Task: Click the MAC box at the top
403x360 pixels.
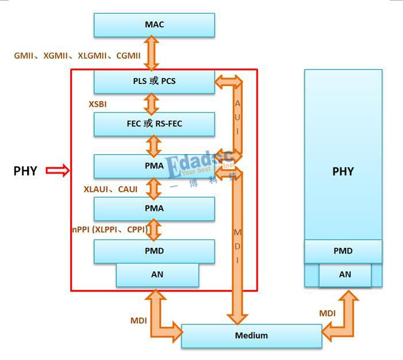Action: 154,25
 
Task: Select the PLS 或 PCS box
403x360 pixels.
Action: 154,81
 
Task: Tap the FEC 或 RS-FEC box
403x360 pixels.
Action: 154,124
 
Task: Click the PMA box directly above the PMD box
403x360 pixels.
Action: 154,209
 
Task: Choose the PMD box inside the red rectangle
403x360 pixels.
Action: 154,251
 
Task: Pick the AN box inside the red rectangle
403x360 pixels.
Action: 157,275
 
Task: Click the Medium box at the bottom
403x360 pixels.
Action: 251,336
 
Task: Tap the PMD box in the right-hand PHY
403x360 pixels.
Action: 343,251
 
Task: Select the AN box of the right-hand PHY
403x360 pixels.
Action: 344,275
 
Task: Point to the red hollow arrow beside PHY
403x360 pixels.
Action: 57,170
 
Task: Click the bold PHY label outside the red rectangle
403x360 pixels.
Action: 25,171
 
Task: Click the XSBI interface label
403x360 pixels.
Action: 97,104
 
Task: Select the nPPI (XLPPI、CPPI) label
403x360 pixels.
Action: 110,230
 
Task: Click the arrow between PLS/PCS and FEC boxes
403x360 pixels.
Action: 151,103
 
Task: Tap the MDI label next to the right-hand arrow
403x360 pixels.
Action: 327,313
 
